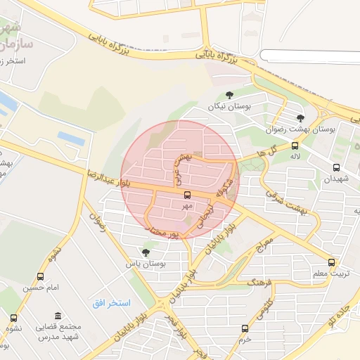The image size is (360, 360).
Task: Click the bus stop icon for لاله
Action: tap(295, 146)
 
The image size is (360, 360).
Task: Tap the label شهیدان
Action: tap(335, 179)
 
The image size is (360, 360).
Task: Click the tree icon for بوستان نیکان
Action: tap(229, 95)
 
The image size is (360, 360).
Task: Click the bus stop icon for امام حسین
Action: tap(40, 276)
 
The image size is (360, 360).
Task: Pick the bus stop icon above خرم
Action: tap(245, 328)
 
